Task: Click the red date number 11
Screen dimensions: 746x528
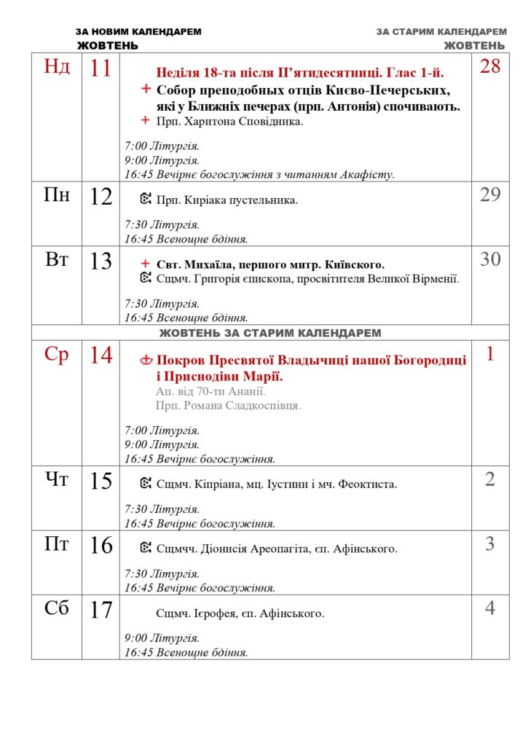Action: click(101, 68)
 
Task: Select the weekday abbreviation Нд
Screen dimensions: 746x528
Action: click(57, 67)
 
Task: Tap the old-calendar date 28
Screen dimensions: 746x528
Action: click(490, 66)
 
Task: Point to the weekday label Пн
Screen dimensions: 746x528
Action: click(57, 195)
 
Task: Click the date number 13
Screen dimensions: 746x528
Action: click(101, 261)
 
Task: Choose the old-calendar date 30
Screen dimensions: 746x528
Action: click(490, 259)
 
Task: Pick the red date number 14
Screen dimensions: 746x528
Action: click(101, 356)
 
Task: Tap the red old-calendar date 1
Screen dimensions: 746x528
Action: click(490, 354)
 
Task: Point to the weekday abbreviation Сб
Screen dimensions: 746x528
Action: click(57, 608)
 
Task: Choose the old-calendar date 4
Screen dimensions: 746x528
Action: click(490, 608)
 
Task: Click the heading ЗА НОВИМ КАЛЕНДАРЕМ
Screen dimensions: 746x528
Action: click(138, 32)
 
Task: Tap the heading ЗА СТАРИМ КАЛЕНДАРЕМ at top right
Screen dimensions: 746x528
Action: click(441, 32)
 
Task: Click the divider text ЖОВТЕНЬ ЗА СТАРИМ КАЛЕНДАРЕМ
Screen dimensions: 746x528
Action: click(270, 333)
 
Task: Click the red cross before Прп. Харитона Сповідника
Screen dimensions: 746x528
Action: click(146, 121)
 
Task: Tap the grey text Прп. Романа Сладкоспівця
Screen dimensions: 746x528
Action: click(228, 405)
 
